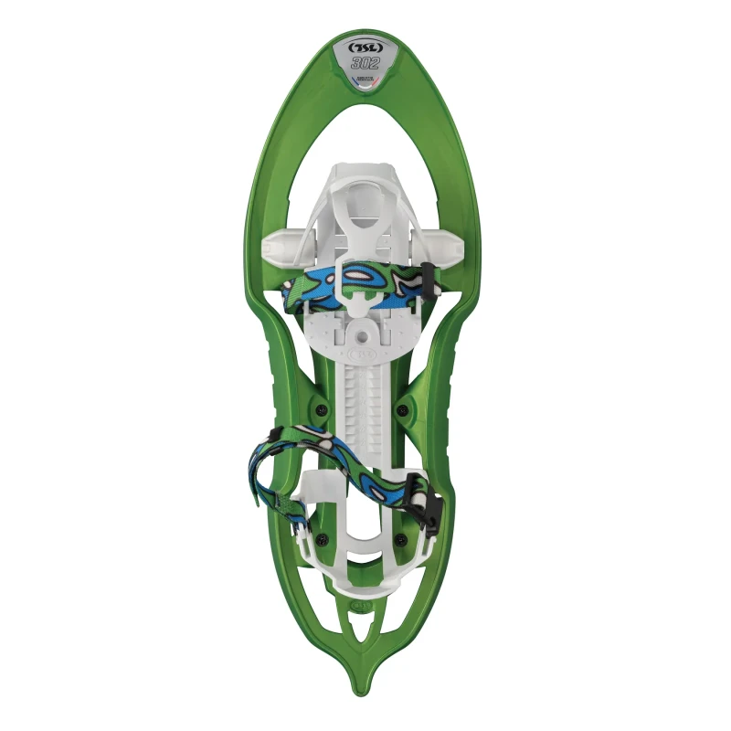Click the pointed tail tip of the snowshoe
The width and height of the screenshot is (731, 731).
point(363,702)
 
